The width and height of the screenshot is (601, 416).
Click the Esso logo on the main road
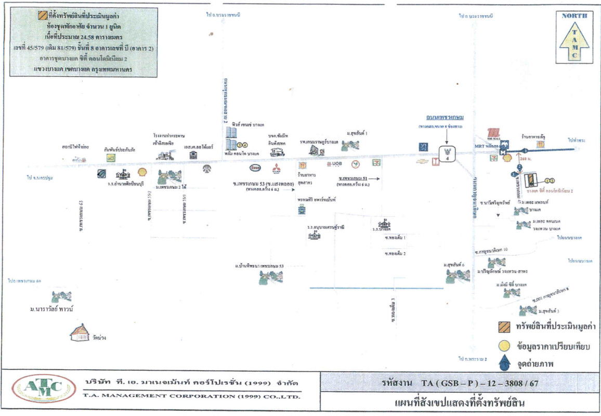click(x=255, y=168)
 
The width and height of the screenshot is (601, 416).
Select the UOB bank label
click(x=334, y=164)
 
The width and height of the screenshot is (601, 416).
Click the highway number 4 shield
click(x=446, y=154)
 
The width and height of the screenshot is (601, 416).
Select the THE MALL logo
click(x=493, y=134)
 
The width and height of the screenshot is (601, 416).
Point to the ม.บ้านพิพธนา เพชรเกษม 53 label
click(x=259, y=266)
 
